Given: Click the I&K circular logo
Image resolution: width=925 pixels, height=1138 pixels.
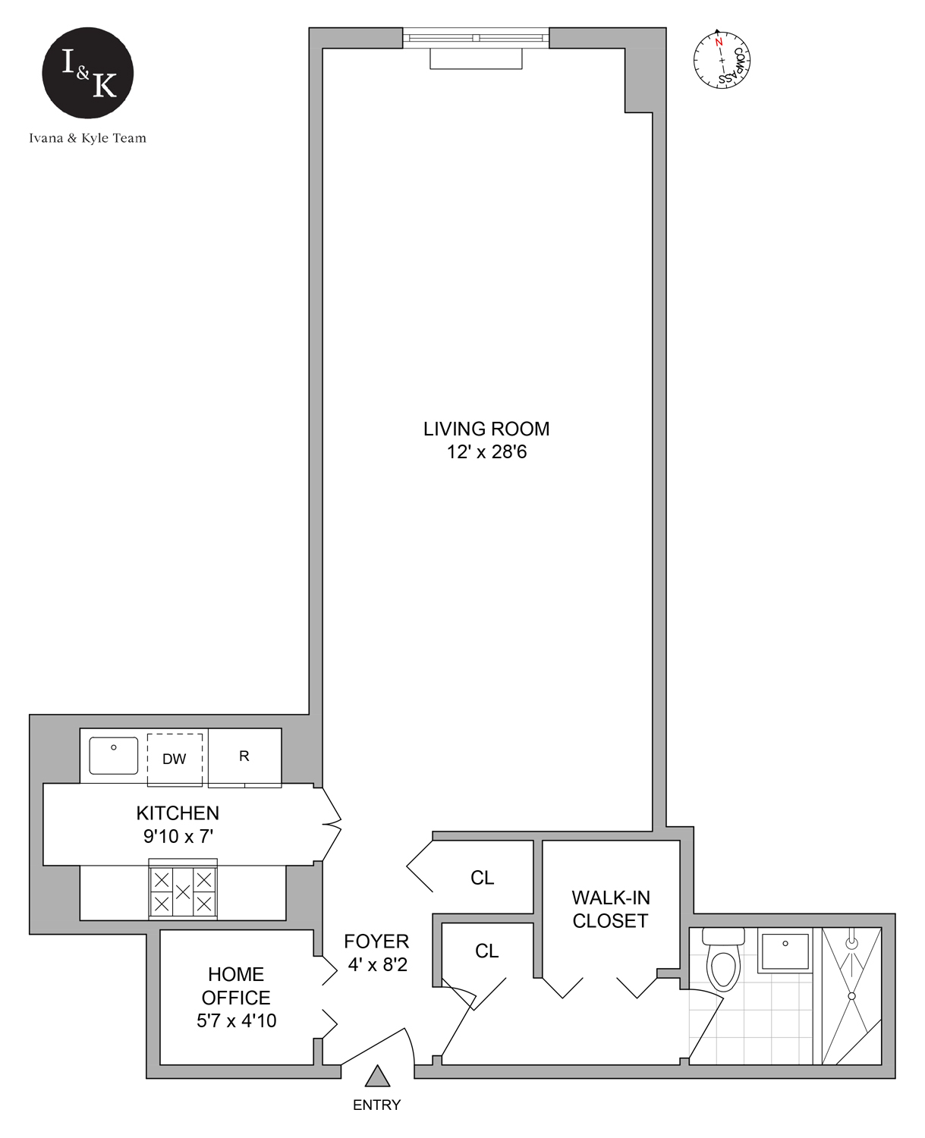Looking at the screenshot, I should (88, 73).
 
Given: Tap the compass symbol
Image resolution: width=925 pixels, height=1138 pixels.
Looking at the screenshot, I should (722, 59).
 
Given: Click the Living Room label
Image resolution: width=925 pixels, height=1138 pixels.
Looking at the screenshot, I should (486, 429).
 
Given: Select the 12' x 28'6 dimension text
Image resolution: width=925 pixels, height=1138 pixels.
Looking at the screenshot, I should (486, 452).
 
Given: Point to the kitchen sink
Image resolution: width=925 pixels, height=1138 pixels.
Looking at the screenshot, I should (114, 756).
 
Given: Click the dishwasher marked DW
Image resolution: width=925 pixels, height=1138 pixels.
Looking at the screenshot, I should (175, 759).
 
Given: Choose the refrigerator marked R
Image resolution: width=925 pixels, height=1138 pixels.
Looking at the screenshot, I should (244, 756).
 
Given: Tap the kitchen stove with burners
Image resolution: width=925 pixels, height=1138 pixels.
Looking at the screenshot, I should (183, 891).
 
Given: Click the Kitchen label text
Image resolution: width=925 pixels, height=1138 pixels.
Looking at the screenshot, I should (178, 813).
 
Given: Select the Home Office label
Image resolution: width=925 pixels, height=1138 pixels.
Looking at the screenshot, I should (236, 986).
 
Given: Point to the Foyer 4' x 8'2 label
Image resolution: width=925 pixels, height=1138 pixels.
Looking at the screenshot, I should (376, 953).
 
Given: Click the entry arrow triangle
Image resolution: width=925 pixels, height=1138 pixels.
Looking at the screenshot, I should (377, 1077).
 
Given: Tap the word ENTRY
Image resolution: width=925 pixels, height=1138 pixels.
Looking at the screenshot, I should (376, 1105).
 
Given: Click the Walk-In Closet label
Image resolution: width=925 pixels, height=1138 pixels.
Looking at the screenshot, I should (610, 909).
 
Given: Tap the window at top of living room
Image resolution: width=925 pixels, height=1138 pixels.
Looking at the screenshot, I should (476, 37).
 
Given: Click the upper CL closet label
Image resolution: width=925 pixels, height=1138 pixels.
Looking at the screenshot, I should (482, 878).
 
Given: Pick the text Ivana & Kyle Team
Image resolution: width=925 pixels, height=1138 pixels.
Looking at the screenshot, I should (88, 138).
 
